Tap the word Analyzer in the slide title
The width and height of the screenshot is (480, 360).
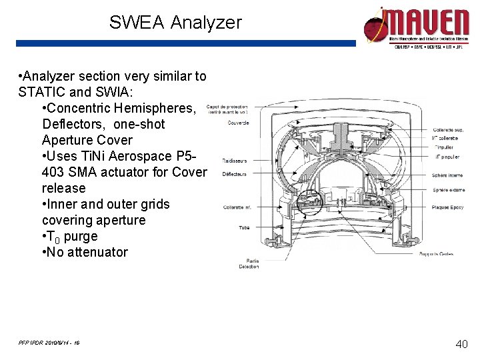[x=206, y=23]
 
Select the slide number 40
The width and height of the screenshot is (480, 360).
[x=461, y=344]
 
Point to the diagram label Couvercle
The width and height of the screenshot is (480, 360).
[x=238, y=122]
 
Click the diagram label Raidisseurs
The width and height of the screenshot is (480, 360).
[x=235, y=161]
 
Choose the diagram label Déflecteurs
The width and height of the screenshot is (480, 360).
[x=235, y=174]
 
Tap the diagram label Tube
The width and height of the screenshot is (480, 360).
[x=244, y=227]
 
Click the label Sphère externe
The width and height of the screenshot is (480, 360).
[x=448, y=190]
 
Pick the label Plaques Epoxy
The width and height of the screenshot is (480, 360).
[x=447, y=207]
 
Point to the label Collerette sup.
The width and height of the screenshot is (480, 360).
[x=448, y=129]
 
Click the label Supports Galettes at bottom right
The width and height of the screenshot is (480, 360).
[x=437, y=254]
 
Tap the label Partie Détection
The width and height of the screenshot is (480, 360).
[x=249, y=263]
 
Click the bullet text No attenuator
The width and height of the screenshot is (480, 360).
[x=87, y=252]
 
